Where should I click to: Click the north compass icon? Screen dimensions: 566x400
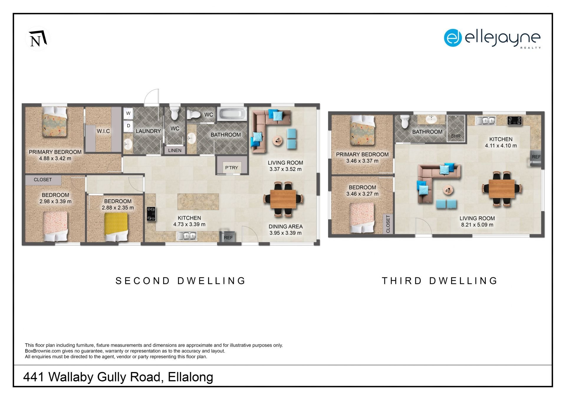(37, 39)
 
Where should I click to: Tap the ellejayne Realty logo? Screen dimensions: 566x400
(492, 38)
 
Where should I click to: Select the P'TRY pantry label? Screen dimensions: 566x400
(231, 167)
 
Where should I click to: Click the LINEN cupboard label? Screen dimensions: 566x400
(175, 150)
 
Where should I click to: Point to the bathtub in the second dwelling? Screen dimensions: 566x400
(232, 114)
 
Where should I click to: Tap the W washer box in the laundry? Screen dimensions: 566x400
(128, 113)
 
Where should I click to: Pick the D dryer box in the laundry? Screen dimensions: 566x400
(128, 126)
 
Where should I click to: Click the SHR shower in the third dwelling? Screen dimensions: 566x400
(456, 128)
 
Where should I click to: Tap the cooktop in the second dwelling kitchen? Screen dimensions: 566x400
(151, 214)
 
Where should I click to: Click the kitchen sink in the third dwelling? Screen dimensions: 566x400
(485, 121)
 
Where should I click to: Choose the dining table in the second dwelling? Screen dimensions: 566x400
(283, 199)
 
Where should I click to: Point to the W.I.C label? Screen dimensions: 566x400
(103, 131)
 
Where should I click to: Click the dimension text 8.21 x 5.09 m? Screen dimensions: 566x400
(477, 225)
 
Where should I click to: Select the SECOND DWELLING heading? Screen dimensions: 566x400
(180, 281)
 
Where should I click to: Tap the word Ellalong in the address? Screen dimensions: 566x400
(190, 377)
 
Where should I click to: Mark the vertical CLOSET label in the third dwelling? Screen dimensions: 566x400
(388, 224)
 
